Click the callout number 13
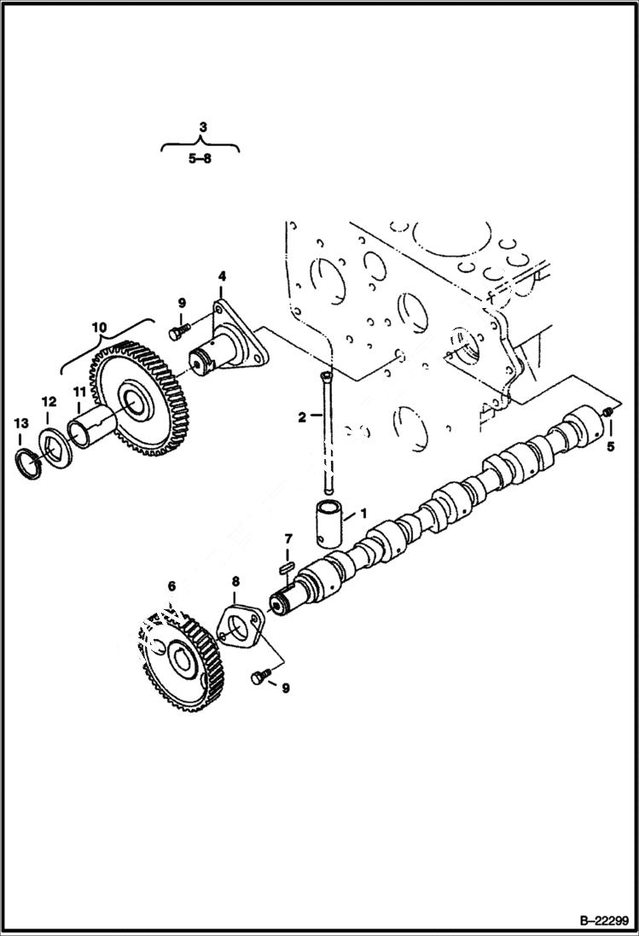coord(20,422)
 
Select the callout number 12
coord(49,401)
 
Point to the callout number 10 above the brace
coord(99,326)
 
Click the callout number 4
coord(222,276)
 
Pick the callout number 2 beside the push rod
coord(301,416)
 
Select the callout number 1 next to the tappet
coord(363,514)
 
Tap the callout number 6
coord(171,586)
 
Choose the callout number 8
coord(236,582)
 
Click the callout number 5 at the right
coord(610,445)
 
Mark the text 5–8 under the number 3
coord(200,158)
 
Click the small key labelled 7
coord(288,565)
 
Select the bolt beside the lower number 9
coord(259,677)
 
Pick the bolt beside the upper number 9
coord(178,331)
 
